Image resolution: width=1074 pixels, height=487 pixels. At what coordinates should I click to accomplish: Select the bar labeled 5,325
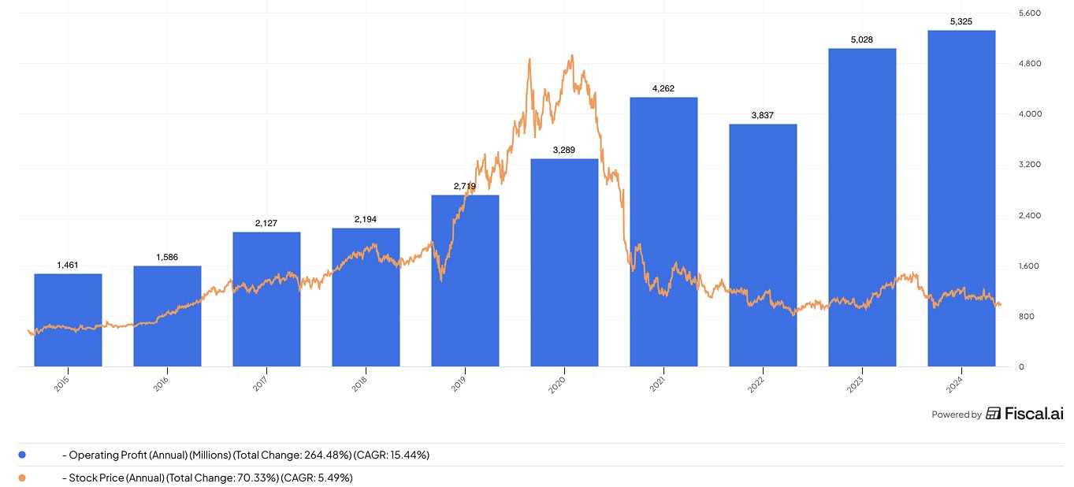[961, 198]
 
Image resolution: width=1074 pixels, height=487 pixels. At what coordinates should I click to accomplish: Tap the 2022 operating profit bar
[763, 245]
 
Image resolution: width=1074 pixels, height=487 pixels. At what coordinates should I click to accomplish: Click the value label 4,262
[663, 88]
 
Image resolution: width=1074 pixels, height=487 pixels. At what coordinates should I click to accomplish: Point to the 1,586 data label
[167, 257]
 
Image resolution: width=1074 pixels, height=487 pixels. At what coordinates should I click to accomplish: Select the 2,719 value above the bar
[465, 186]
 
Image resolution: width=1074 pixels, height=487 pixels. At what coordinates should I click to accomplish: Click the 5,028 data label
[862, 39]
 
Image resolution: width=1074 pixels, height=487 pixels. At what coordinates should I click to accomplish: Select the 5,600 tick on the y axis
[1031, 13]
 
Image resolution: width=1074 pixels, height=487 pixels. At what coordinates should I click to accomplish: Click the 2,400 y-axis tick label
[1031, 216]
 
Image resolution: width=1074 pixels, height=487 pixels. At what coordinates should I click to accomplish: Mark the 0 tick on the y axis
[1022, 367]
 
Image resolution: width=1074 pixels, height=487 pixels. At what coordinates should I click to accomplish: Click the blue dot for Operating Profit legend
[22, 455]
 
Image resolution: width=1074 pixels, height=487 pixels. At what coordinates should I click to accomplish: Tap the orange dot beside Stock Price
[22, 478]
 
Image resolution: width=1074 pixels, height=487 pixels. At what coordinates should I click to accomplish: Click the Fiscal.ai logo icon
[994, 414]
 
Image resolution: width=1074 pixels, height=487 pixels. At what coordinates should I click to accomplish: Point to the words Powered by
[956, 415]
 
